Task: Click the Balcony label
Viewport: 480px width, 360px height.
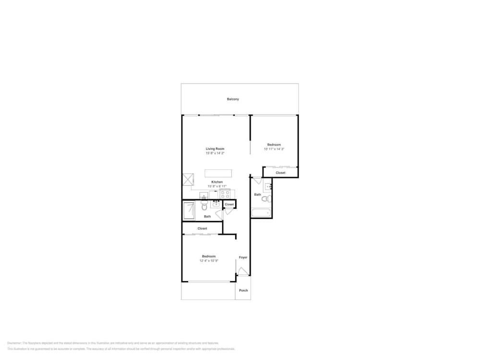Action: [233, 99]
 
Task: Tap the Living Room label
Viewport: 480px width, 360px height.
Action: [215, 149]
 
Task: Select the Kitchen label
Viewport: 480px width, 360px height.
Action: [217, 182]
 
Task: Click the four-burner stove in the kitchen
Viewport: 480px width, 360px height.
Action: [225, 194]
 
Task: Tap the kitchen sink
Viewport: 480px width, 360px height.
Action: [204, 195]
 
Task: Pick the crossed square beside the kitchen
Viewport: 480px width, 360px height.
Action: [187, 180]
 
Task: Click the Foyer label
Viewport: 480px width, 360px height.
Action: [243, 258]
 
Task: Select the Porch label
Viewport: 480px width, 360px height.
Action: [243, 290]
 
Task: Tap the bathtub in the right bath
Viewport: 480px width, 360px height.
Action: [261, 213]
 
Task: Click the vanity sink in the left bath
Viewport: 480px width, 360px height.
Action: [216, 204]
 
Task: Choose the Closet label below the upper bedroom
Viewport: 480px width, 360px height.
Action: [280, 173]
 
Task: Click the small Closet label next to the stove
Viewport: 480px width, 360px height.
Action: [229, 204]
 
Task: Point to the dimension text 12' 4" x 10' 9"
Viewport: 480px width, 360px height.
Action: [209, 261]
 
